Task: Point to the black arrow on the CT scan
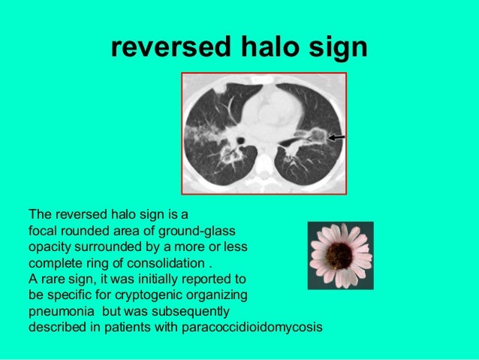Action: point(336,137)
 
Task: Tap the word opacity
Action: point(51,247)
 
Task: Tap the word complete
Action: point(52,263)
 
